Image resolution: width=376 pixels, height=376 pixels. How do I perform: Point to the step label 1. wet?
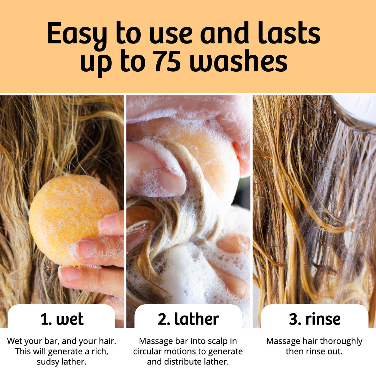pyautogui.click(x=62, y=319)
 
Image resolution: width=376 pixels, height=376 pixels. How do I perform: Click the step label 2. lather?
pyautogui.click(x=188, y=319)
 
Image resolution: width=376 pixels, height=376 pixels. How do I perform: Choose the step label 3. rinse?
pyautogui.click(x=314, y=319)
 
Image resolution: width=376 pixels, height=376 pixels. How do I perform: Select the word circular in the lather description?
pyautogui.click(x=150, y=351)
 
